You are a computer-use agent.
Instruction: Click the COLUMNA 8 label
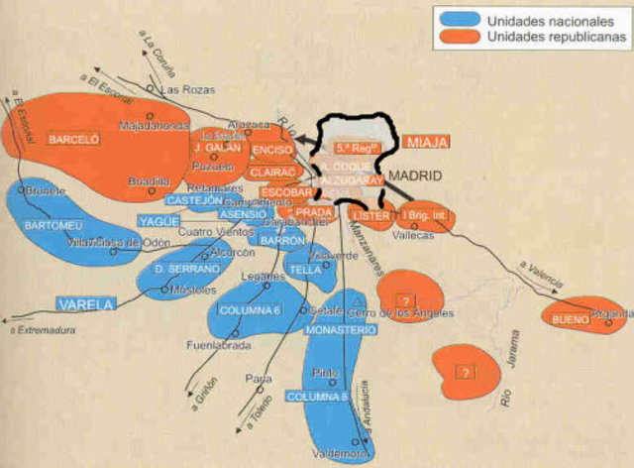click(x=317, y=397)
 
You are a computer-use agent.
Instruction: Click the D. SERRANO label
click(x=185, y=269)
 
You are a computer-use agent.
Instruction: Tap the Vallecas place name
click(x=414, y=235)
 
